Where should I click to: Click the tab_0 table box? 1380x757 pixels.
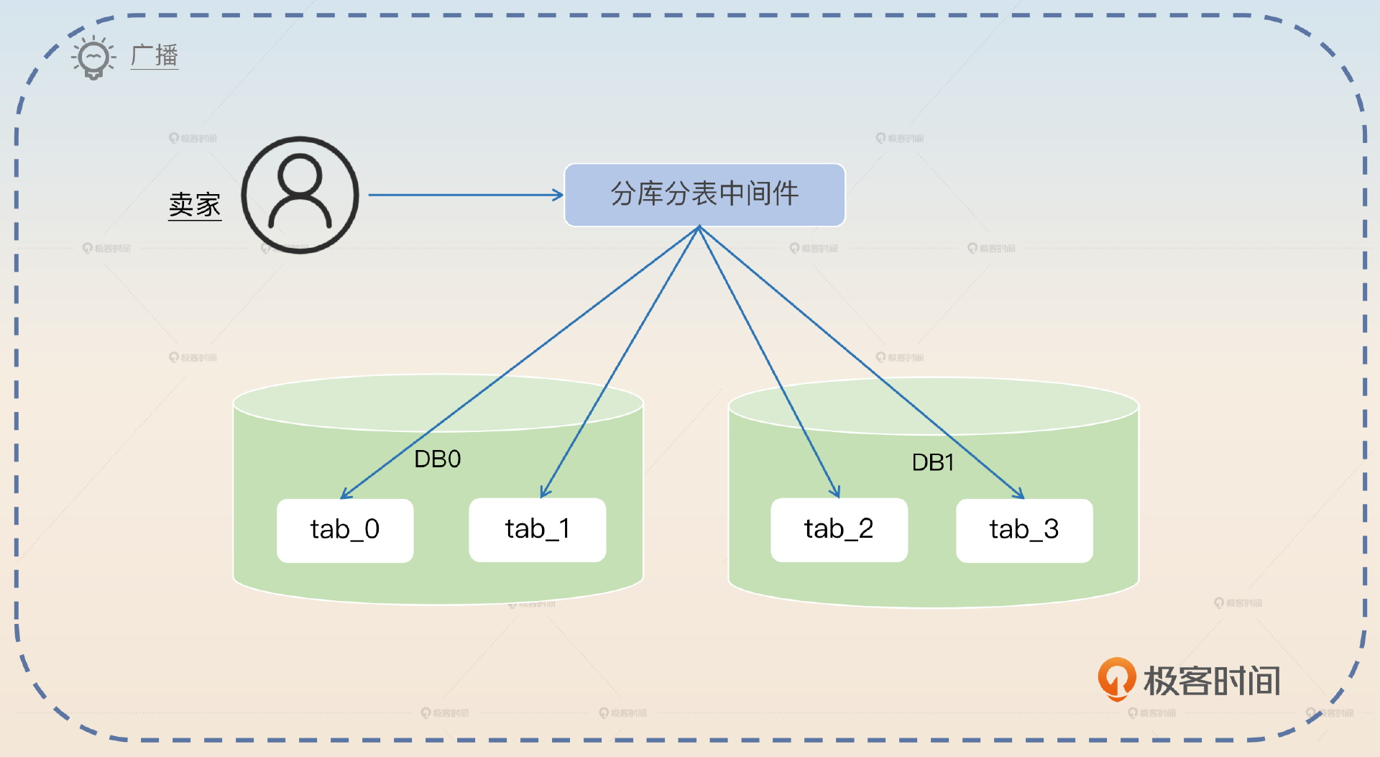pos(345,531)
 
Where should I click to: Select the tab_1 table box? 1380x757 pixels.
pos(537,530)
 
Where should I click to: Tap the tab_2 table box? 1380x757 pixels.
pos(839,530)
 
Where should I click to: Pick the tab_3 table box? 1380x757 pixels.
pos(1024,531)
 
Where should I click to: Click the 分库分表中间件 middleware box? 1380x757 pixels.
pos(704,195)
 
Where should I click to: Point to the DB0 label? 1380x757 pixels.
pos(437,459)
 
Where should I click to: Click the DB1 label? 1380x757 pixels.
pos(932,462)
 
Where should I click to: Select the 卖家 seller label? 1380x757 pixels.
pos(195,205)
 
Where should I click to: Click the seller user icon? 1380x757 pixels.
pos(300,195)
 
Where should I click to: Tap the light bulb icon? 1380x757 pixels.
pos(93,57)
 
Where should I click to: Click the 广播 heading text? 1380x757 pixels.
pos(155,55)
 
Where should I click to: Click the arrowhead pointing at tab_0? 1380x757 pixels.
pos(344,495)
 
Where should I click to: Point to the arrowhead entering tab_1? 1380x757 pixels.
pos(544,492)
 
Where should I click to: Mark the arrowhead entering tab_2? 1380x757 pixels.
pos(836,492)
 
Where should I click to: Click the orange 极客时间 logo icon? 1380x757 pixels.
pos(1116,678)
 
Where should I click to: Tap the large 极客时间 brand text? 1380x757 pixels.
pos(1212,681)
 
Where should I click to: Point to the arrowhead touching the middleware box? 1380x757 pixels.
pos(558,195)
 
